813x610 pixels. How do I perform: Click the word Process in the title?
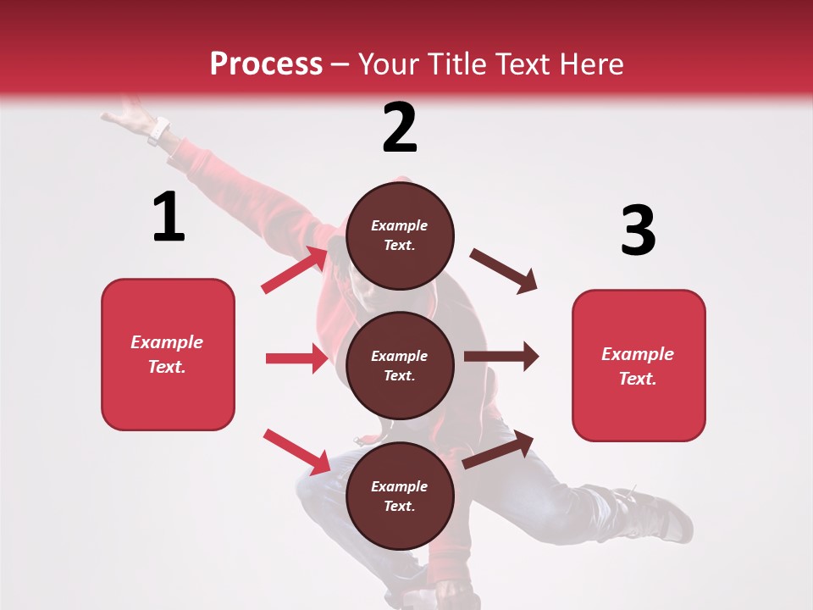(x=266, y=64)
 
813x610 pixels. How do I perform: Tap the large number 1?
(x=169, y=218)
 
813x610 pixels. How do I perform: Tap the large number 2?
(x=400, y=128)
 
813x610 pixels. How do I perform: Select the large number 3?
(x=638, y=230)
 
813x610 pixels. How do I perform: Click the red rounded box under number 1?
(x=168, y=354)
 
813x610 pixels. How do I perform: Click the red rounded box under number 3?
(x=639, y=365)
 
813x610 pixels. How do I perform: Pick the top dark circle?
(x=400, y=236)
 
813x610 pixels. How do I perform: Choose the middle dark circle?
(x=400, y=365)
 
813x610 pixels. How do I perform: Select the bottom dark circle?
(x=400, y=496)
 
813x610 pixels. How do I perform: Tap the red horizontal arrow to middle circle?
(x=296, y=358)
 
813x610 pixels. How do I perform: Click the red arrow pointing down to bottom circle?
(x=296, y=452)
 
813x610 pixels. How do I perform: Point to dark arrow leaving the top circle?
(x=504, y=271)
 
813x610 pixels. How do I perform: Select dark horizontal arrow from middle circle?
(x=501, y=357)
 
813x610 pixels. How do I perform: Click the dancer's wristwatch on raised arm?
(x=158, y=130)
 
